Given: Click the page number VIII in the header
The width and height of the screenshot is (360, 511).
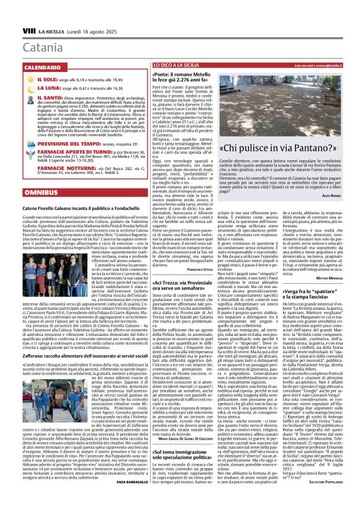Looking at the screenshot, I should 29,30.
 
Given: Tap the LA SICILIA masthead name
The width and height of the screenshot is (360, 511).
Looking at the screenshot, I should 52,30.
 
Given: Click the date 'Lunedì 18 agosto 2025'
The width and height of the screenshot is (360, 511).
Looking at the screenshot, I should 89,30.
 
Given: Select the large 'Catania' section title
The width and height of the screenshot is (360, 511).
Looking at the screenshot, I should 45,47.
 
